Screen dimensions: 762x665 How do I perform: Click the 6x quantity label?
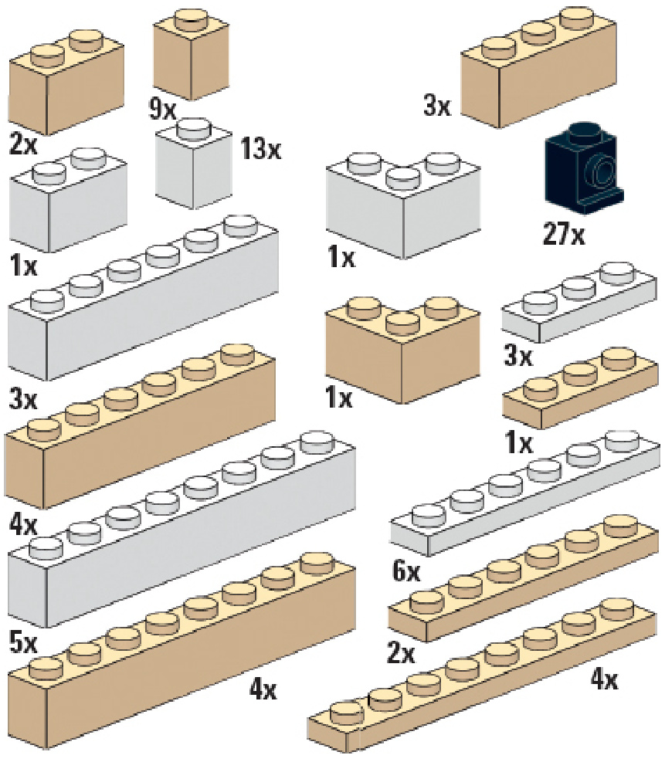[x=406, y=572]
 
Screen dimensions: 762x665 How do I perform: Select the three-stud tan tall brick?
[x=541, y=77]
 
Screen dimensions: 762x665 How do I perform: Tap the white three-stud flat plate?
[x=579, y=309]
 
